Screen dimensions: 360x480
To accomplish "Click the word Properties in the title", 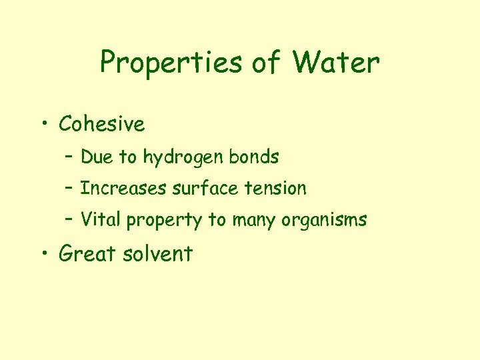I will [x=171, y=64].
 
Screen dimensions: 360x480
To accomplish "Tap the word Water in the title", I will [x=336, y=63].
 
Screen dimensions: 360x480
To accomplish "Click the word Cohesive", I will [x=101, y=124].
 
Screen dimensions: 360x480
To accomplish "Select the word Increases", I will [x=124, y=189].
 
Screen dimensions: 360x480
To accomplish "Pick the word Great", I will [x=87, y=253].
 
